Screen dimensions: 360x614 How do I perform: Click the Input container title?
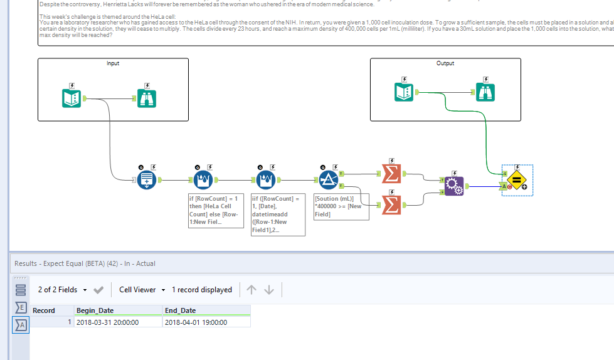[x=113, y=63]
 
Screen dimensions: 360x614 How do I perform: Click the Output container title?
[x=445, y=63]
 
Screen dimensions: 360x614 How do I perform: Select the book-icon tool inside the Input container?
[x=72, y=98]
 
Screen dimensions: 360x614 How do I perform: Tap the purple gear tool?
[x=453, y=186]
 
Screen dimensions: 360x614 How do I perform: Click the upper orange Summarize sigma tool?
[x=391, y=174]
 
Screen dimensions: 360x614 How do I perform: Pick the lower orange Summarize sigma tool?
[x=391, y=204]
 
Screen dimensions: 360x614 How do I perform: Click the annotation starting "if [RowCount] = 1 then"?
[x=215, y=211]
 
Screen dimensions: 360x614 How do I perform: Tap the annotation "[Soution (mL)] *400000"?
[x=341, y=206]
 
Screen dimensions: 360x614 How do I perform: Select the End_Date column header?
[x=181, y=310]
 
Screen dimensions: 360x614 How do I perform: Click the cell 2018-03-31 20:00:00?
[x=107, y=322]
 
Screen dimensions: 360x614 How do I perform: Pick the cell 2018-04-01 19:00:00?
[x=196, y=322]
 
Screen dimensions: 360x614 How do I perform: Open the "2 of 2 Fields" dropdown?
[x=62, y=290]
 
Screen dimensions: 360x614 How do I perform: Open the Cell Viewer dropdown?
[x=142, y=290]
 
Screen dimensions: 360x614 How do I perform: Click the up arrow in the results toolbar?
[x=251, y=290]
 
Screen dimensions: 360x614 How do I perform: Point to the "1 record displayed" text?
[x=201, y=290]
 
